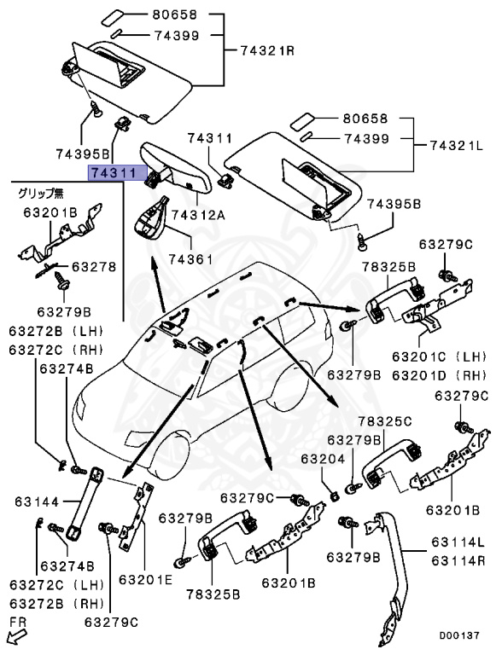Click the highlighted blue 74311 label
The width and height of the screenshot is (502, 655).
[x=114, y=173]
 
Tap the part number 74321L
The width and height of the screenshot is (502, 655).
[x=456, y=146]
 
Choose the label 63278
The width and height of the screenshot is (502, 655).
[x=93, y=267]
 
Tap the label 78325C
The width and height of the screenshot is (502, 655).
[x=384, y=421]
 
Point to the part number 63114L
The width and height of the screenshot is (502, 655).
[x=458, y=542]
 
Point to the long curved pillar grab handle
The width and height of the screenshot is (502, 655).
[x=390, y=571]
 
